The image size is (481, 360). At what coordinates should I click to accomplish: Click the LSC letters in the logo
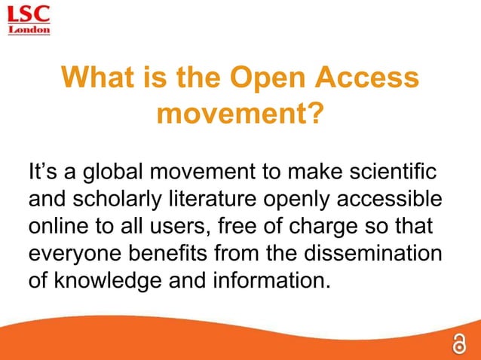pyautogui.click(x=29, y=13)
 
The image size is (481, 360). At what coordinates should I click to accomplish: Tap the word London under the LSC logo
pyautogui.click(x=29, y=30)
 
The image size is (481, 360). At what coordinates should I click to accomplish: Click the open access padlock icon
pyautogui.click(x=458, y=343)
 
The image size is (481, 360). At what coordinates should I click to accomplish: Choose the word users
pyautogui.click(x=183, y=225)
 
